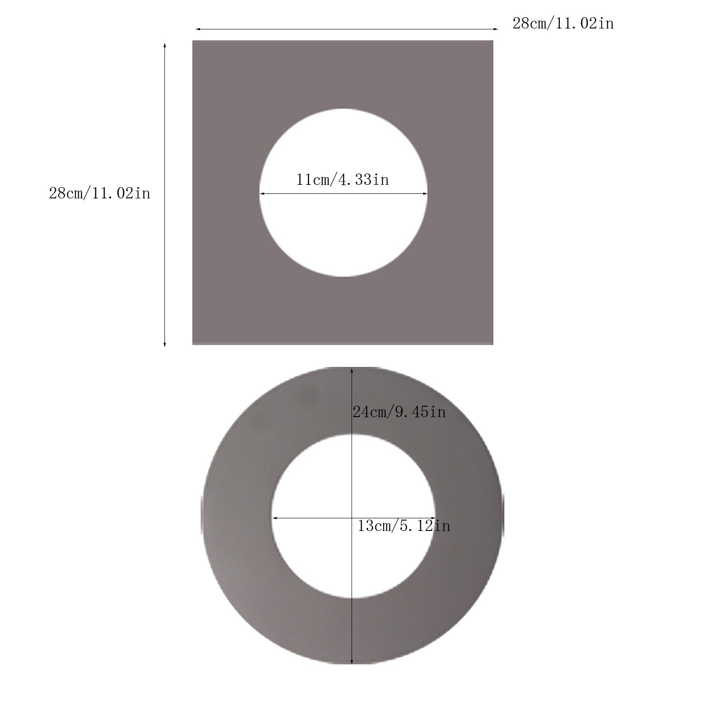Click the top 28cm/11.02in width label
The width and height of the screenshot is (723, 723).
[563, 23]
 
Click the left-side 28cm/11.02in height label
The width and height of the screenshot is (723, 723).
[99, 193]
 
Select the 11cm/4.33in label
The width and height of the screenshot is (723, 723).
[343, 180]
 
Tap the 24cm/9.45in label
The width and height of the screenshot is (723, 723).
[399, 412]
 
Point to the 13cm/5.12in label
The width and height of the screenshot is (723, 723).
[404, 526]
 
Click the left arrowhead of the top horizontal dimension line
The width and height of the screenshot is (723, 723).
[197, 29]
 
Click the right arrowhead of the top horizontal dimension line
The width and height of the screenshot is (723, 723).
[496, 29]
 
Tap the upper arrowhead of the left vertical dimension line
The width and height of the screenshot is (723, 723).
[164, 46]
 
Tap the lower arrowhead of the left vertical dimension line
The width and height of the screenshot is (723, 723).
[164, 344]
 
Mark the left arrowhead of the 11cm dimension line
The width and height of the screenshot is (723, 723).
[262, 194]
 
